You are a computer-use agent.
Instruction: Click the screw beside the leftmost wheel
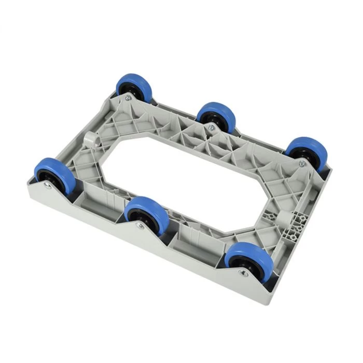tap(48, 186)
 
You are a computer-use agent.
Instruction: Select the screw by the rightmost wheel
tap(302, 163)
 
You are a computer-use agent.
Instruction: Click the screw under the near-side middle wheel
tap(139, 225)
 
